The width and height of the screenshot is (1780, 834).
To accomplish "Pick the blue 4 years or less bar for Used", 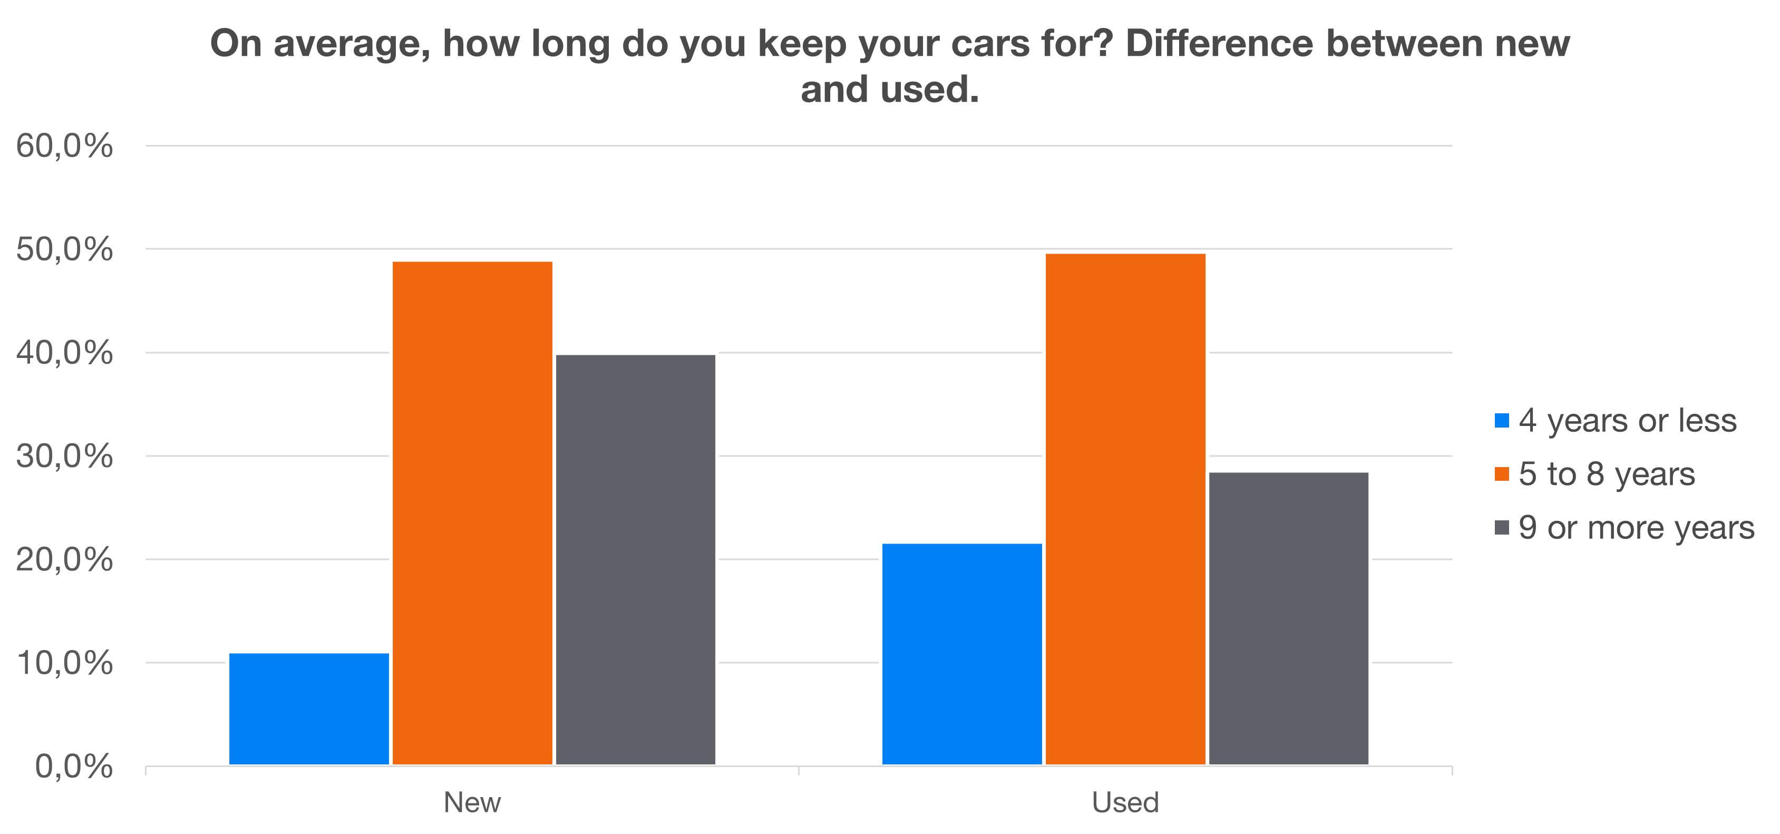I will [962, 654].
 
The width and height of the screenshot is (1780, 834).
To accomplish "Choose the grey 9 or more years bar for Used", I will [1288, 618].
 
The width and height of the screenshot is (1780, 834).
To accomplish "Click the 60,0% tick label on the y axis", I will [64, 147].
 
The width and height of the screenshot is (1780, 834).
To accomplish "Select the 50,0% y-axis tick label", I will [64, 249].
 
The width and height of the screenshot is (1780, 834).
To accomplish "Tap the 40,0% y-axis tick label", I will [64, 353].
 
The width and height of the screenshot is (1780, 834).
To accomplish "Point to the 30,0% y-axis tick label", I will [64, 456].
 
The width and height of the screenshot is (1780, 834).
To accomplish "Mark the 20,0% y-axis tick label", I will [64, 560].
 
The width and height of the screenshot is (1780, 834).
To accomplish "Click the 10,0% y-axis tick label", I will [64, 663].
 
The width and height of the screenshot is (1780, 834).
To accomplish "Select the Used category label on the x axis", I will [1125, 803].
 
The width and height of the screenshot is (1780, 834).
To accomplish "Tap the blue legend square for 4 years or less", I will [1502, 421].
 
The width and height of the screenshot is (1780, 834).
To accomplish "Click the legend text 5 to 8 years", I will [1607, 474].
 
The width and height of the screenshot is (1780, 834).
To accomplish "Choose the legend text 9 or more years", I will [1636, 528].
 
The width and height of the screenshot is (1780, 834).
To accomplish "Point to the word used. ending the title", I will [929, 90].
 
